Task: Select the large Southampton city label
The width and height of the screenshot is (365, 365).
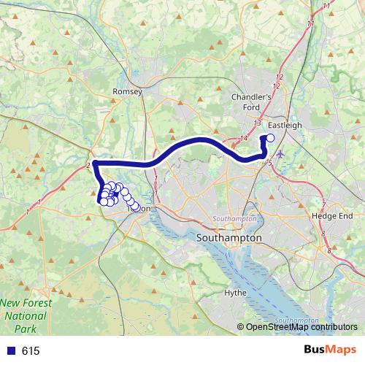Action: pyautogui.click(x=229, y=239)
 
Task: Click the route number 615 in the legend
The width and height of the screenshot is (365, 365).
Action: pyautogui.click(x=31, y=351)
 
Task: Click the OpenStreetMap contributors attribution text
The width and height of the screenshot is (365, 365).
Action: pyautogui.click(x=301, y=328)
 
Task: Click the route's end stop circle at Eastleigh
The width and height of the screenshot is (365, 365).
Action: pyautogui.click(x=271, y=137)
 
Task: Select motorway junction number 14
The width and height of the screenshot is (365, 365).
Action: pyautogui.click(x=244, y=138)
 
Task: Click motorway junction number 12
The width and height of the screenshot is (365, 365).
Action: pyautogui.click(x=279, y=77)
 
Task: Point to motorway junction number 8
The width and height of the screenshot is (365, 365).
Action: pyautogui.click(x=330, y=252)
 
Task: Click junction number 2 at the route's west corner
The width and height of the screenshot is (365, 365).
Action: pyautogui.click(x=88, y=165)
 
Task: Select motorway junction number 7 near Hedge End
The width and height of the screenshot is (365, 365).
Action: pyautogui.click(x=323, y=203)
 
